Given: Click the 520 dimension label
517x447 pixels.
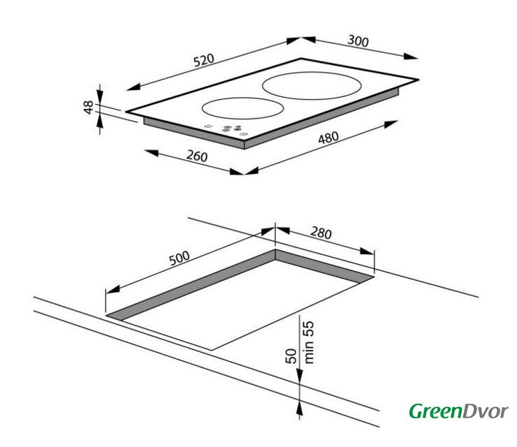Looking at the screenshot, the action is click(x=204, y=60).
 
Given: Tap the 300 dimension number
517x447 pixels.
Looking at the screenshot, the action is click(x=358, y=41).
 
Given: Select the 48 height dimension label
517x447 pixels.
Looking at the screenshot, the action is click(x=88, y=108).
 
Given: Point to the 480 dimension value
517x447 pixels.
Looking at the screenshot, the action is click(x=328, y=138).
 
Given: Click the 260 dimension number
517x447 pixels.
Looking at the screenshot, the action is click(x=197, y=156).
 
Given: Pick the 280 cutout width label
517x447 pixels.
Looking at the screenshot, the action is click(x=321, y=233).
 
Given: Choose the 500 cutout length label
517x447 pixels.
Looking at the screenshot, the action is click(x=180, y=258).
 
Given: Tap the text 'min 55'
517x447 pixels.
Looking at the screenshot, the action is click(x=309, y=342).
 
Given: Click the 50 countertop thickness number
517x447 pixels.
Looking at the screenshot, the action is click(x=291, y=356).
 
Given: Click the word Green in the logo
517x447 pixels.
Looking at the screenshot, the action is click(x=436, y=411).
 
